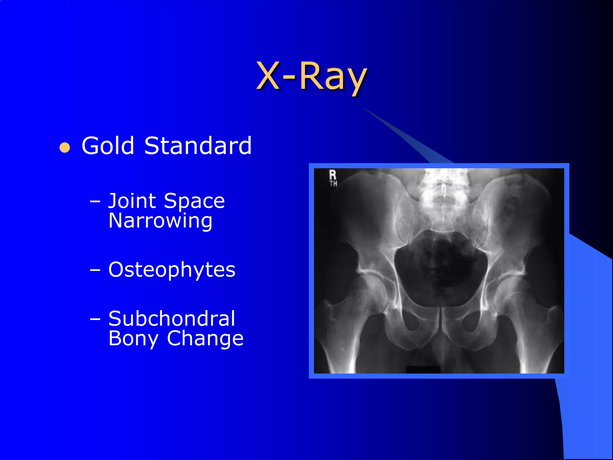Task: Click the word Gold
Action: [108, 146]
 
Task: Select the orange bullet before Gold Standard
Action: [65, 148]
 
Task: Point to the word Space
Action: [194, 201]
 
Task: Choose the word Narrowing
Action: [160, 221]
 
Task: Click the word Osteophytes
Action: [172, 270]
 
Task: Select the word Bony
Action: [133, 339]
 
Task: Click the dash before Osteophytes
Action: [95, 270]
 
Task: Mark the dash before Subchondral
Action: [95, 319]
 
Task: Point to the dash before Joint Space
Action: [95, 201]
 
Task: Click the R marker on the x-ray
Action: [333, 175]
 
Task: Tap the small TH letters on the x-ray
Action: [333, 184]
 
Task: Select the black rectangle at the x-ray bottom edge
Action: [423, 370]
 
